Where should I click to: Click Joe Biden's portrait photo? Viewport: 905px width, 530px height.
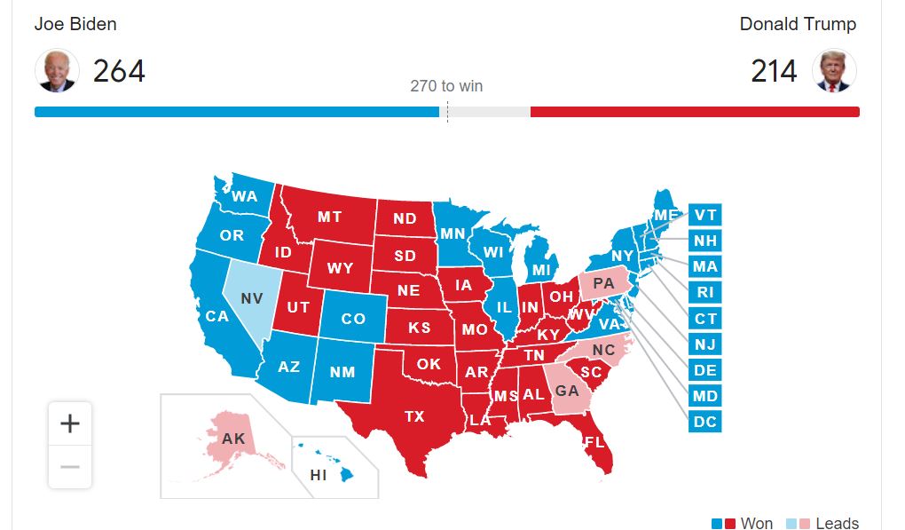click(x=57, y=71)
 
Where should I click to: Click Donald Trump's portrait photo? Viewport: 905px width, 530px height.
click(x=835, y=71)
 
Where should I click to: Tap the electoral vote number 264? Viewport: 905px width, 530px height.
click(x=119, y=71)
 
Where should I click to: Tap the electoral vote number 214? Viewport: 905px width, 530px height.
click(x=774, y=71)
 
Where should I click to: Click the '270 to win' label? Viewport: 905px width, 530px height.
click(x=446, y=86)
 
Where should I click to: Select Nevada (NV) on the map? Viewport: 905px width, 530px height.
click(x=251, y=299)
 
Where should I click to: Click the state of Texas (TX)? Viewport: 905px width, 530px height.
click(x=414, y=415)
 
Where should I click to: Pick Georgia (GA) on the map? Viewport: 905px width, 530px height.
click(x=566, y=392)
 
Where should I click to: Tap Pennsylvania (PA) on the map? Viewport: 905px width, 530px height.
click(x=603, y=283)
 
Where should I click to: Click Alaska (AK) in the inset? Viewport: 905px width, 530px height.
click(x=233, y=439)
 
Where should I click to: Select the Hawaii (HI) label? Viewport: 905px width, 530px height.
click(x=318, y=475)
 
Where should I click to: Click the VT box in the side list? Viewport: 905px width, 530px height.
click(x=705, y=215)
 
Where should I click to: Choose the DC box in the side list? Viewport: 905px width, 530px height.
click(x=705, y=422)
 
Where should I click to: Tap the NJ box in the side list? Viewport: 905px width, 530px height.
click(x=705, y=344)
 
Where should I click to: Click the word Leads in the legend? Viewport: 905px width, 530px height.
click(x=837, y=523)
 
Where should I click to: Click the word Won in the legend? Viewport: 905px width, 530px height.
click(x=757, y=523)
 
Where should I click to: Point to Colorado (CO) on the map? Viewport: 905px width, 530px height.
click(x=353, y=319)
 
